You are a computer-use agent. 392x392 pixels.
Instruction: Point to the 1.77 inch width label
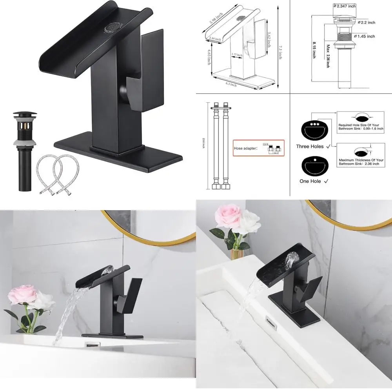click(236, 54)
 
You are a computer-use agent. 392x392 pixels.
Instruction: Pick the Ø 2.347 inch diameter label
click(345, 6)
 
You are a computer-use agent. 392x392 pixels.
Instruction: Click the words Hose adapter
click(246, 148)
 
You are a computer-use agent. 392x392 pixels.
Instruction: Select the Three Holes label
click(310, 146)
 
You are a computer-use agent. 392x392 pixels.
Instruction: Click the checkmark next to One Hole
click(326, 181)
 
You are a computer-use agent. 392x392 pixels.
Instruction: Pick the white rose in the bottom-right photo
click(249, 223)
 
